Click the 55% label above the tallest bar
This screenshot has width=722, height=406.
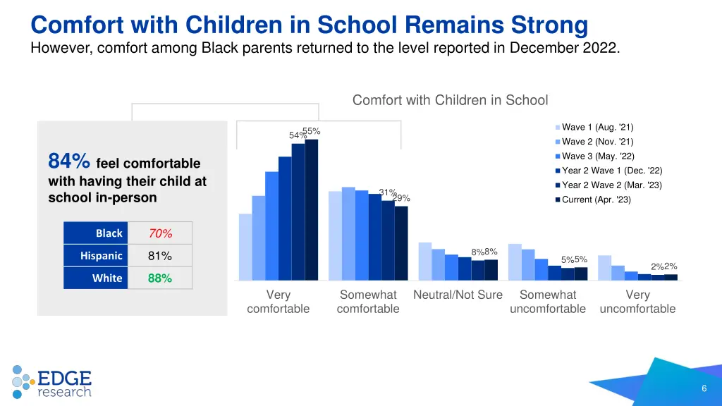pyautogui.click(x=312, y=131)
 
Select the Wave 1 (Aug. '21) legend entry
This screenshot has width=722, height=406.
pyautogui.click(x=596, y=128)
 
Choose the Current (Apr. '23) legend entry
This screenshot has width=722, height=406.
pyautogui.click(x=596, y=200)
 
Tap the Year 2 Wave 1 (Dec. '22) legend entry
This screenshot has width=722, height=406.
pyautogui.click(x=611, y=171)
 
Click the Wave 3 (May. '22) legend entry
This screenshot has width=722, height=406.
pyautogui.click(x=597, y=156)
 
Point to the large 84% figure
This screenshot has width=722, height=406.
pyautogui.click(x=68, y=162)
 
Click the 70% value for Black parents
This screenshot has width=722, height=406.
pyautogui.click(x=160, y=233)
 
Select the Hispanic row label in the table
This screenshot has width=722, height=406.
pyautogui.click(x=101, y=256)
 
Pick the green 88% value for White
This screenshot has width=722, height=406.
pyautogui.click(x=160, y=278)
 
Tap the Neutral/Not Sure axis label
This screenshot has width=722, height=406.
pyautogui.click(x=458, y=295)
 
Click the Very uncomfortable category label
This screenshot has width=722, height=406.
pyautogui.click(x=637, y=302)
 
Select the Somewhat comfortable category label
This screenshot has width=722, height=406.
pyautogui.click(x=368, y=302)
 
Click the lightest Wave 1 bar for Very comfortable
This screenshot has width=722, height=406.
pyautogui.click(x=245, y=247)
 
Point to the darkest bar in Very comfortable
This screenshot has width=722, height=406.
pyautogui.click(x=312, y=209)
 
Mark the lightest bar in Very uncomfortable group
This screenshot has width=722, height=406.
pyautogui.click(x=604, y=267)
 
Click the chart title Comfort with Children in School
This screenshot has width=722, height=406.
pyautogui.click(x=450, y=101)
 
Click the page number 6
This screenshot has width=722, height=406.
pyautogui.click(x=704, y=390)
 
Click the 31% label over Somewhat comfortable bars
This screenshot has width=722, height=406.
pyautogui.click(x=387, y=192)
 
